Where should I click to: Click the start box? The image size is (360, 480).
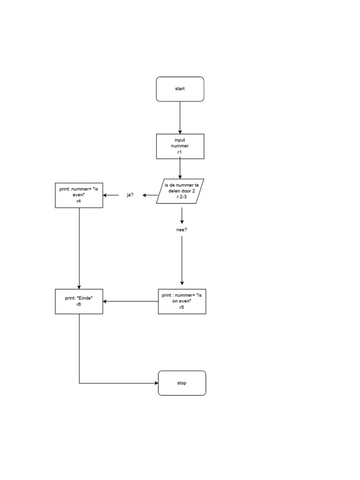[x=180, y=89]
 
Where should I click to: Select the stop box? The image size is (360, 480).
[x=182, y=383]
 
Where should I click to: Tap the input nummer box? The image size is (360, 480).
[x=180, y=146]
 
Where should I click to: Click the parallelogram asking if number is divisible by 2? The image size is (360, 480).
[x=180, y=191]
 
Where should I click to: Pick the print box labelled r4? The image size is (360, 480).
[x=79, y=195]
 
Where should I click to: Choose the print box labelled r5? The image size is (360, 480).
[x=182, y=301]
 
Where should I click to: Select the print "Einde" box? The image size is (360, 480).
[x=79, y=301]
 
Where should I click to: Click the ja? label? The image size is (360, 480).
[x=130, y=195]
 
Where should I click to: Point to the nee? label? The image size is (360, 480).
[x=182, y=230]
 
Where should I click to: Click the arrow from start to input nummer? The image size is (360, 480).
[x=180, y=117]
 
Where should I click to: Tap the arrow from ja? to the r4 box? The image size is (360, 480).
[x=111, y=195]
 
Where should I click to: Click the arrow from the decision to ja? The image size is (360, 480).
[x=150, y=195]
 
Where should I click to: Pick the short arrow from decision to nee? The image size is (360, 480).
[x=182, y=215]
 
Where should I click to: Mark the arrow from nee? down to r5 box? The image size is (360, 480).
[x=182, y=260]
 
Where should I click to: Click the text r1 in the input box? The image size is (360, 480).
[x=180, y=152]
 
